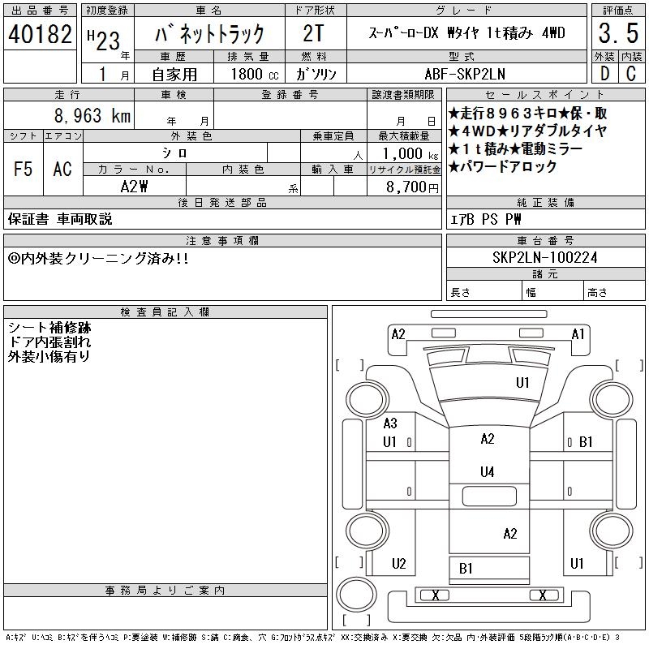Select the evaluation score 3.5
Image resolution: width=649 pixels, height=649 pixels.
617,35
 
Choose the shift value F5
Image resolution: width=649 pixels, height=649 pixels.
23,169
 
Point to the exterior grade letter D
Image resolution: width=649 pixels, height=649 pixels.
604,73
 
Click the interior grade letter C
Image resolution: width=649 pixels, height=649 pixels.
630,73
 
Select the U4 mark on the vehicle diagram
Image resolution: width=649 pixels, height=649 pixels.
487,471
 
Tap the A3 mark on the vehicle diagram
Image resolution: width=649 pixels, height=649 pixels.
389,423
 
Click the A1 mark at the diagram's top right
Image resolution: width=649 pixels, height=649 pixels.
578,333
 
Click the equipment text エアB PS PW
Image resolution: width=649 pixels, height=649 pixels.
486,219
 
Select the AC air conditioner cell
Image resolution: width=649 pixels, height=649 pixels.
62,169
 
